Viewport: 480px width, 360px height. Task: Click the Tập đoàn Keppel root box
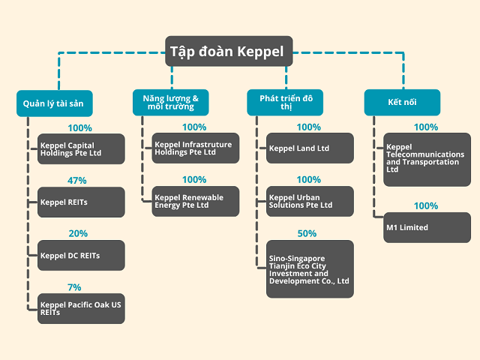coord(229,51)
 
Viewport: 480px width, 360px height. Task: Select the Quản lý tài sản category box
coord(55,103)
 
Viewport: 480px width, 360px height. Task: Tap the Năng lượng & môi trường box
coord(171,103)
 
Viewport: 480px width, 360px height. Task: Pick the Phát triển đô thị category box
coord(285,103)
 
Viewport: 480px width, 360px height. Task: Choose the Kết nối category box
coord(402,103)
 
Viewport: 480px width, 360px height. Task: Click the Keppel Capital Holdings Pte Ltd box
coord(81,148)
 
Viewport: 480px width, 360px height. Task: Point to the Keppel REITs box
coord(81,202)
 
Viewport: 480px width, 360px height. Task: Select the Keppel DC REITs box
coord(81,255)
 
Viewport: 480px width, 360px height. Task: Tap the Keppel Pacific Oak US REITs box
coord(81,308)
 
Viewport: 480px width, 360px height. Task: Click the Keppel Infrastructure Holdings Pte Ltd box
coord(196,148)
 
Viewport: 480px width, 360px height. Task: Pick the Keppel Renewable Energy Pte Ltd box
coord(196,201)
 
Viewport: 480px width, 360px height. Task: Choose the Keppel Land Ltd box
coord(310,148)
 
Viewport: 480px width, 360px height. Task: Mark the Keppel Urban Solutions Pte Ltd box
coord(310,201)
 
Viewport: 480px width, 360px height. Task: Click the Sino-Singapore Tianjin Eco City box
coord(310,268)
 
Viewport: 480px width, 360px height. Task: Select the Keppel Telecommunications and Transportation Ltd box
coord(427,160)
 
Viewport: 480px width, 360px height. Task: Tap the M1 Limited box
coord(427,227)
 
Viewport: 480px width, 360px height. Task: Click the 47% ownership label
coord(76,181)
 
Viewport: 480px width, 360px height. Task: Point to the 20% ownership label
coord(78,233)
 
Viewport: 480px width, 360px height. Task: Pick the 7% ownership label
coord(74,287)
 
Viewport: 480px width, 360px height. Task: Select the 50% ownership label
coord(307,233)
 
